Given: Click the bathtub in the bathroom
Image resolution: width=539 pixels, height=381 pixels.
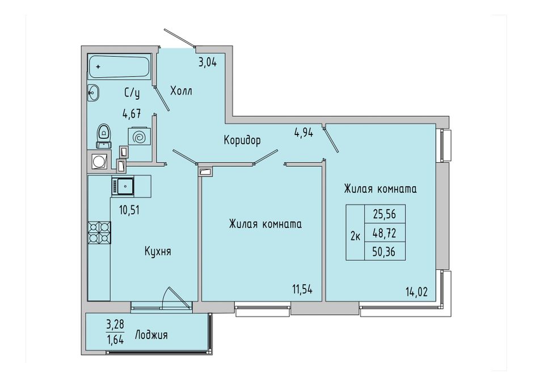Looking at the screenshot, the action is coord(119,67).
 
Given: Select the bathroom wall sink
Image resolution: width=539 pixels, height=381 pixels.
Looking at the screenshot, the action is coord(93,93).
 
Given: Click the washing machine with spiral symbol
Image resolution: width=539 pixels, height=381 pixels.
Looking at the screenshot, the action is coord(139,137).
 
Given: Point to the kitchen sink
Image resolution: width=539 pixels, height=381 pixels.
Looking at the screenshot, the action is coord(123,186).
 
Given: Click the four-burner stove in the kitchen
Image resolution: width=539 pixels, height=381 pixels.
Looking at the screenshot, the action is coord(100,232).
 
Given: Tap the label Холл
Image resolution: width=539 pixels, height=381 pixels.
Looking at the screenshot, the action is coord(181,91).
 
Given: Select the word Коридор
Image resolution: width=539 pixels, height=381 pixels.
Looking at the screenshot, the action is coord(242,140).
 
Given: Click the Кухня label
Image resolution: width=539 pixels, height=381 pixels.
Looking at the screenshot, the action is coord(158,252).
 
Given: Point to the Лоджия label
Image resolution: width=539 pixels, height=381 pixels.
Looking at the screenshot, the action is coord(151,335).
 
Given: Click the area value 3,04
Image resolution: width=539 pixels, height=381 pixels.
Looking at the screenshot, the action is coord(208,63).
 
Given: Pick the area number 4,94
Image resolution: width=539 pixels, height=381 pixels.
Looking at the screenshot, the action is coord(304,133).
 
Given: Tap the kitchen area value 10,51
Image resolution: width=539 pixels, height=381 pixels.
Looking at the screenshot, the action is coord(129,210).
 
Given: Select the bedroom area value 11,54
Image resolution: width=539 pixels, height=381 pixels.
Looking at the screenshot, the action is coord(302,289).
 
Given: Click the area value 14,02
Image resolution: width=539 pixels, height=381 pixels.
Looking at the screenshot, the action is coord(416,292).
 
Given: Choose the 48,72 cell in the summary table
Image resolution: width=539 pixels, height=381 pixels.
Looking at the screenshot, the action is coord(385,234).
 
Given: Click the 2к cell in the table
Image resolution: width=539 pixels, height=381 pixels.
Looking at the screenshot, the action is coord(355,237).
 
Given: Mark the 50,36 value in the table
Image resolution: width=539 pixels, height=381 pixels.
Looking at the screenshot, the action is coord(385,252).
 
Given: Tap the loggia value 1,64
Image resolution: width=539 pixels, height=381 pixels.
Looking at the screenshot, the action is coord(115,340).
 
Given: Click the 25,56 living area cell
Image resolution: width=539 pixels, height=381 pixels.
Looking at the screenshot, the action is coord(385,214).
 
